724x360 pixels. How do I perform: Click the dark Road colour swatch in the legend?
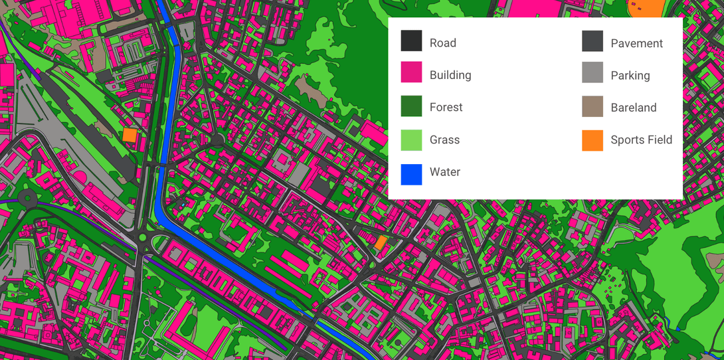(411, 41)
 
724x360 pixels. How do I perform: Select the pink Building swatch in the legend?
(411, 73)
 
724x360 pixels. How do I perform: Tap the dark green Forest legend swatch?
(411, 106)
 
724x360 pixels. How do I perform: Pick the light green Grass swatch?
(411, 139)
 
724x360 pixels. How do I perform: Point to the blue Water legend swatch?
(411, 174)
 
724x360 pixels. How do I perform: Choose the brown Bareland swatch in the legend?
(592, 106)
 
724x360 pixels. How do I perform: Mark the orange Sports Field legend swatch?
(592, 140)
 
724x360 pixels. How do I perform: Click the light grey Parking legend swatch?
(592, 73)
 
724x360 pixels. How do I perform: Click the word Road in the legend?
(443, 43)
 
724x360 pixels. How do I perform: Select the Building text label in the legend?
(450, 75)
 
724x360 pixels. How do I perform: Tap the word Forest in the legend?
(446, 107)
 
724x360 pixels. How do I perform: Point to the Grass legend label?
(444, 139)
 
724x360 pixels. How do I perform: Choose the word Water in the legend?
(445, 172)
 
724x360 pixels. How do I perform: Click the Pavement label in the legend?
(636, 43)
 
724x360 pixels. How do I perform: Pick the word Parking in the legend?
(630, 75)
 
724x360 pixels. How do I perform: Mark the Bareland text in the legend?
(634, 108)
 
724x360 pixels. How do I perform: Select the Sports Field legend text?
(641, 139)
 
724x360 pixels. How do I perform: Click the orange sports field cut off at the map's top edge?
(647, 7)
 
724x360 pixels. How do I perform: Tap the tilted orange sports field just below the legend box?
(381, 243)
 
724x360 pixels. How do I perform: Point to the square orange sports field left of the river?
(130, 135)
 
